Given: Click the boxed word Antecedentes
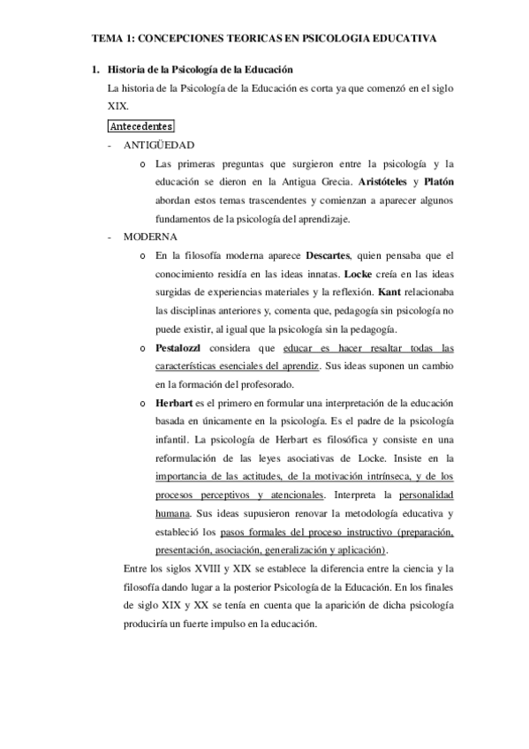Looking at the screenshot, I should coord(140,126).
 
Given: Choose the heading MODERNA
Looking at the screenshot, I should coord(151,237).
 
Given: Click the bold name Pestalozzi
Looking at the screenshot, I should coord(181,348).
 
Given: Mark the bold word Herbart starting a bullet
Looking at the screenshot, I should coord(174,404).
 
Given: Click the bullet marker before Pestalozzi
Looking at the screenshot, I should coord(143,349).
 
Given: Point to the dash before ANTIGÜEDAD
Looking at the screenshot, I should coord(109,144).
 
